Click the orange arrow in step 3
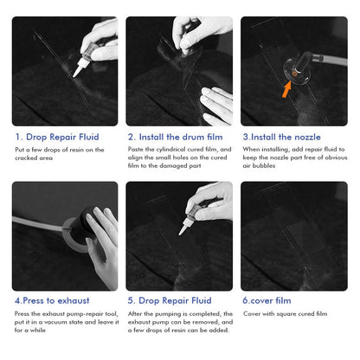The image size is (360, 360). tap(286, 89)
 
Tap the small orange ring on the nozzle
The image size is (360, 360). tap(294, 74)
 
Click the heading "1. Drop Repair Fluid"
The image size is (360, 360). tap(57, 137)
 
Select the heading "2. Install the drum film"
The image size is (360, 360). tap(175, 137)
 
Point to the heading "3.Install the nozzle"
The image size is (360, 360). tap(281, 137)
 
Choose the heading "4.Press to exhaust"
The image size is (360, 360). tap(52, 300)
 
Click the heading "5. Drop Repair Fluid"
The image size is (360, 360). tap(170, 300)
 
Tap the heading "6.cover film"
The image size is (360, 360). tap(267, 300)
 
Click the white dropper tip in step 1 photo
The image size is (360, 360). tap(77, 71)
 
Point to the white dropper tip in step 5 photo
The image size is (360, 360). tap(183, 228)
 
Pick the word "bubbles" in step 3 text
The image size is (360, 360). tap(264, 165)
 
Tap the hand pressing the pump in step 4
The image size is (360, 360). tap(104, 245)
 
